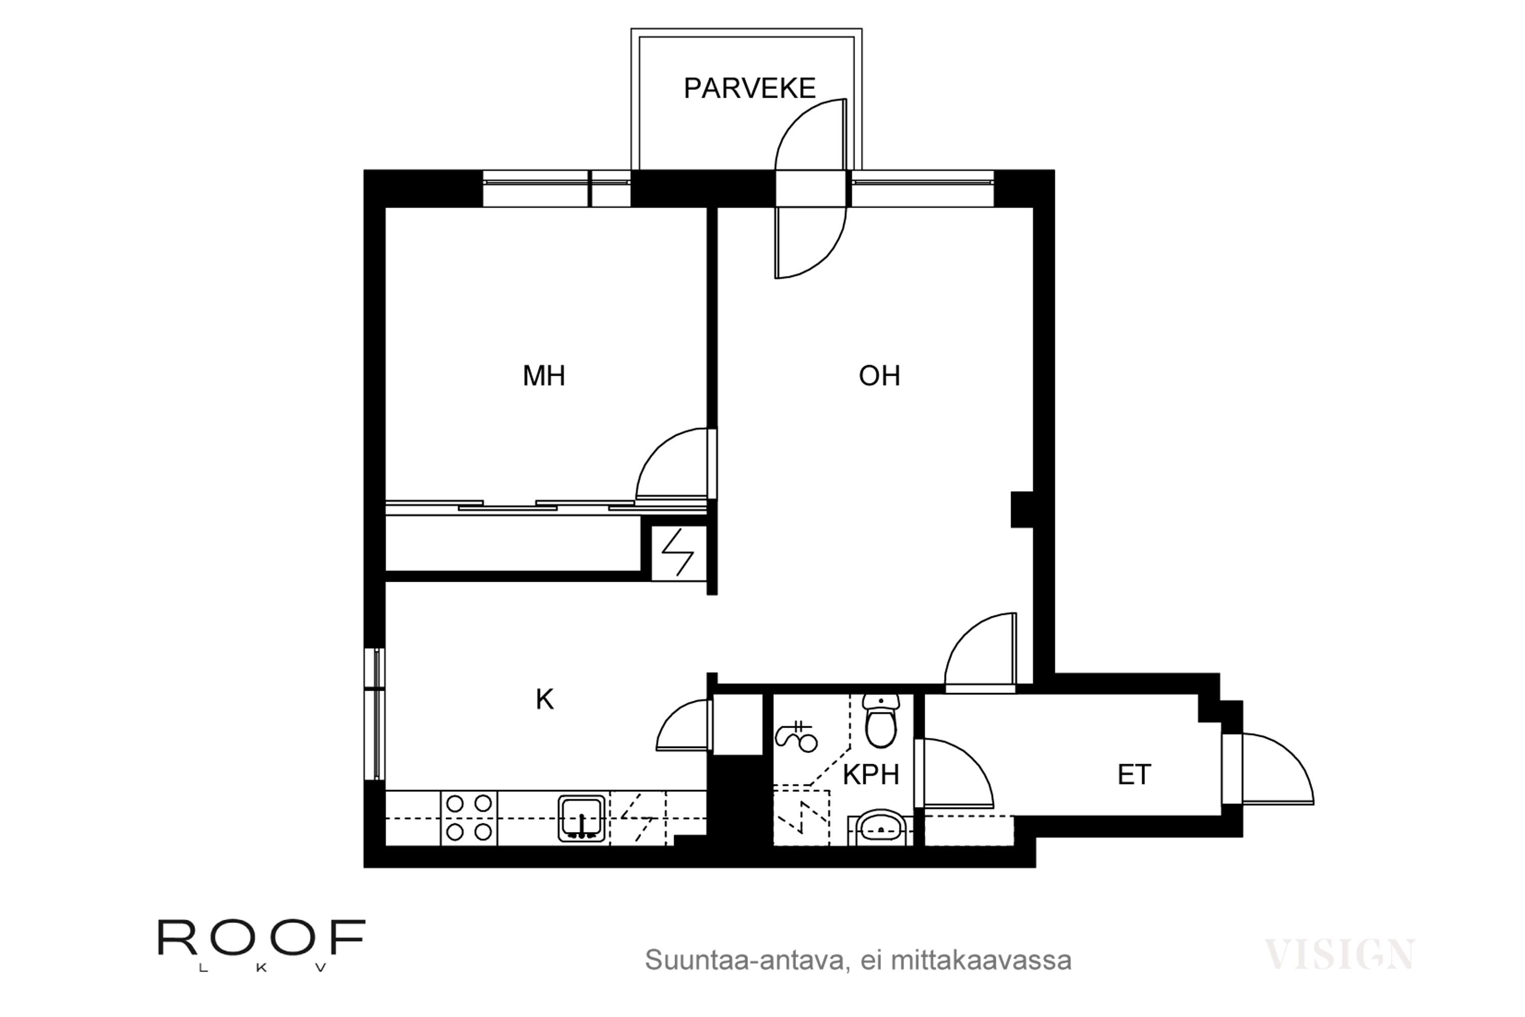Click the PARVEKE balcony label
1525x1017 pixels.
[x=749, y=88]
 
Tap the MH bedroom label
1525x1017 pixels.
[x=544, y=376]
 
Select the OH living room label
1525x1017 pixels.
[x=879, y=376]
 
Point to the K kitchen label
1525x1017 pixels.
[x=544, y=700]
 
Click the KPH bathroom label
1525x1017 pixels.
[x=871, y=774]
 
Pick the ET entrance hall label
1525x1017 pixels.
[x=1134, y=774]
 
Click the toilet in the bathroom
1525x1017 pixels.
[x=880, y=721]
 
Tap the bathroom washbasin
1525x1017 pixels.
[x=880, y=828]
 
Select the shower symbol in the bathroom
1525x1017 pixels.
[x=796, y=737]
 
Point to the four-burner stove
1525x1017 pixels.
[x=469, y=818]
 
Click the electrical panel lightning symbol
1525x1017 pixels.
[x=678, y=552]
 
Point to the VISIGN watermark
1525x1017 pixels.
[x=1339, y=954]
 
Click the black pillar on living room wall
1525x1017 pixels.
[x=1022, y=510]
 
